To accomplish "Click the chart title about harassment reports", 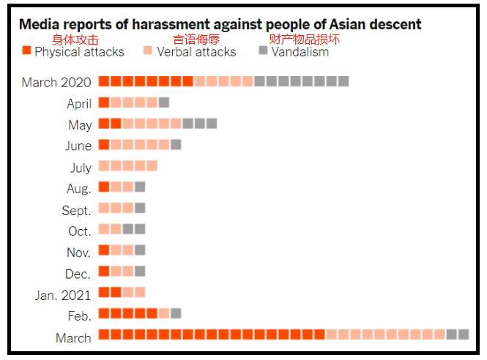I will (x=220, y=24).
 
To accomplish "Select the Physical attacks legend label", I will (x=79, y=52).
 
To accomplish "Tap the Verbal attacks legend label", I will (x=196, y=52).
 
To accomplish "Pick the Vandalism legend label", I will (x=300, y=52).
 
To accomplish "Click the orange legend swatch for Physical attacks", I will (x=27, y=51).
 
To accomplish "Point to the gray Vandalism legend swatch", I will (x=264, y=50).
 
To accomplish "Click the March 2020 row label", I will (x=56, y=82).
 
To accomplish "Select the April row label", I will (x=79, y=103).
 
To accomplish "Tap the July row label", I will (x=81, y=168).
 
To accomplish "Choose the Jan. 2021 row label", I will (x=63, y=296).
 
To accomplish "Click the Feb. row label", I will (x=79, y=316).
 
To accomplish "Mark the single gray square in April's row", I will (x=164, y=102).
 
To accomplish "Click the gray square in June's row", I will (x=176, y=145).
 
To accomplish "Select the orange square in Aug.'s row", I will (x=104, y=187).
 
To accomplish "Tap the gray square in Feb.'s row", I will (x=176, y=313).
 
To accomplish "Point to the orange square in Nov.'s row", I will (x=104, y=250).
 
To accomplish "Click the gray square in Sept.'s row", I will (x=140, y=208).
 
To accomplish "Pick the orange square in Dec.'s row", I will (x=104, y=271).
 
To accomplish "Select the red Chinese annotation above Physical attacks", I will (x=75, y=40).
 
